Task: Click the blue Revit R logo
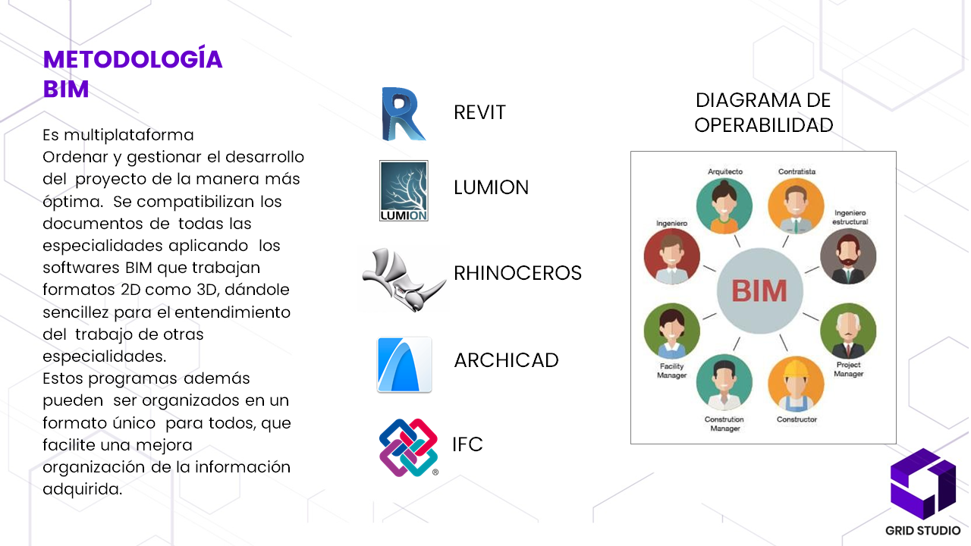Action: (x=404, y=114)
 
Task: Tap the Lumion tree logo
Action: (x=404, y=190)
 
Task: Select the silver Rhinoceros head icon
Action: (x=404, y=278)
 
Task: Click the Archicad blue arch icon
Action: (x=404, y=365)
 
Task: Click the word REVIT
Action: (x=479, y=113)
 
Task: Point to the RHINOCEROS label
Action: (x=517, y=273)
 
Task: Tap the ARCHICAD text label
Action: (x=506, y=360)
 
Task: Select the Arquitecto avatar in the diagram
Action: (x=725, y=205)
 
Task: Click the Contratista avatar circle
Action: (x=796, y=206)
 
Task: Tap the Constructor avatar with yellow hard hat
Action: (x=796, y=383)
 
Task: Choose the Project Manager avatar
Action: (x=848, y=331)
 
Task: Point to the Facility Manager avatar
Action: (x=671, y=331)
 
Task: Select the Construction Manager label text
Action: (x=724, y=424)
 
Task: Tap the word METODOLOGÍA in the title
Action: (x=133, y=59)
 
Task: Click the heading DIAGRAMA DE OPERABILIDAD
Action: (x=763, y=112)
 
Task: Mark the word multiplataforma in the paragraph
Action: (x=129, y=136)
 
